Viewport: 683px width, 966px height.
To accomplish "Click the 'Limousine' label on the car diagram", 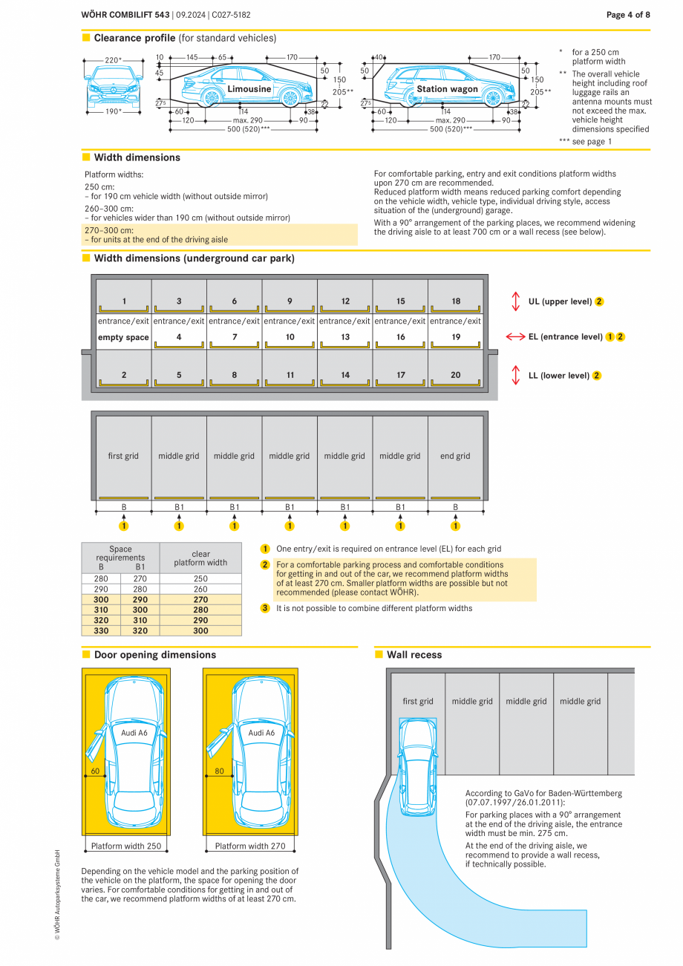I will (249, 89).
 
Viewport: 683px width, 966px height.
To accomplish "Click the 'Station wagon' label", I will (447, 89).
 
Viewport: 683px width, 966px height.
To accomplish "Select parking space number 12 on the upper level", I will (345, 301).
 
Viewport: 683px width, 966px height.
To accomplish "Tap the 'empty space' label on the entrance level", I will (123, 337).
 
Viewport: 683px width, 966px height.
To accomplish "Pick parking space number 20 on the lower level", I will (455, 375).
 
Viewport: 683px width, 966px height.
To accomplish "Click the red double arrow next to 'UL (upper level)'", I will (515, 301).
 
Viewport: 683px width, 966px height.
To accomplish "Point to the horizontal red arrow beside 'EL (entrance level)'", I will (515, 337).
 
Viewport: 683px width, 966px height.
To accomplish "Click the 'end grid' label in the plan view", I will (455, 457).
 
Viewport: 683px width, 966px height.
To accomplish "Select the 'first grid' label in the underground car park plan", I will (123, 457).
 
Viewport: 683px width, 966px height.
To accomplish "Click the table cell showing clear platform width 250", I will (200, 578).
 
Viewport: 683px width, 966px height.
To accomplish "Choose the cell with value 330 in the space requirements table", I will (101, 630).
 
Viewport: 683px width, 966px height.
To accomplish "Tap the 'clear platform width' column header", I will (200, 558).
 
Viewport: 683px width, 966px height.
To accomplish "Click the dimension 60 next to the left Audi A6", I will (95, 771).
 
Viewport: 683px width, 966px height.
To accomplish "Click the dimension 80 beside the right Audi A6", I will (219, 771).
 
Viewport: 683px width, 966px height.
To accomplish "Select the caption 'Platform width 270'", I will (250, 846).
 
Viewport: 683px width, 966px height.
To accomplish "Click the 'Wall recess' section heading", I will (414, 655).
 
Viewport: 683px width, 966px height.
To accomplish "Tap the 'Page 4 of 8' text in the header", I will (628, 15).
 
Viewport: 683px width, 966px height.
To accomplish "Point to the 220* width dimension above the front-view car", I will (113, 60).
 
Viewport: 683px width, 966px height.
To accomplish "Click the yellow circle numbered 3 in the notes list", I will (265, 608).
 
